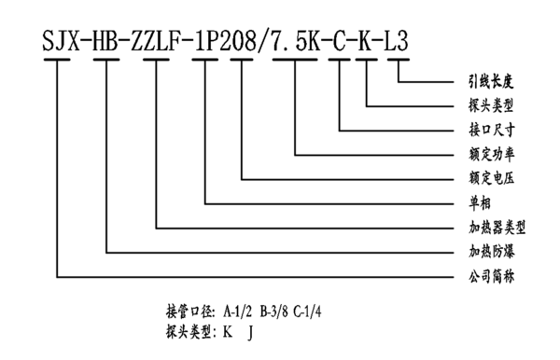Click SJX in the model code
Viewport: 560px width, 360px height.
point(62,42)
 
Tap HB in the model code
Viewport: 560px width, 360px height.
point(110,42)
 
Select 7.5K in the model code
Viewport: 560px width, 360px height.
point(298,42)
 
